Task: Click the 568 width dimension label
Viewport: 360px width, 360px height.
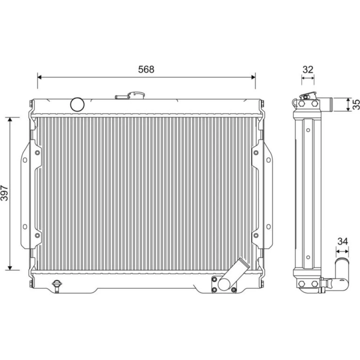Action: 146,69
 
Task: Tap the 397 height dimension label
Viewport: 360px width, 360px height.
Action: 4,193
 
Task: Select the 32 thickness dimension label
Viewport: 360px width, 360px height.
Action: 308,69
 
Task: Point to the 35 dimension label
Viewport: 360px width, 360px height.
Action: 356,104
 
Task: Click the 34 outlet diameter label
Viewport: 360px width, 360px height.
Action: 343,241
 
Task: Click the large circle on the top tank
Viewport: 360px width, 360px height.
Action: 77,104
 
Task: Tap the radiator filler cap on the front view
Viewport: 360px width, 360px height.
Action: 130,95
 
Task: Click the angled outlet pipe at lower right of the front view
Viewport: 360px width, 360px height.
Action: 234,274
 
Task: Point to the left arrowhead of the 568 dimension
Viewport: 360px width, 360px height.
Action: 39,77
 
